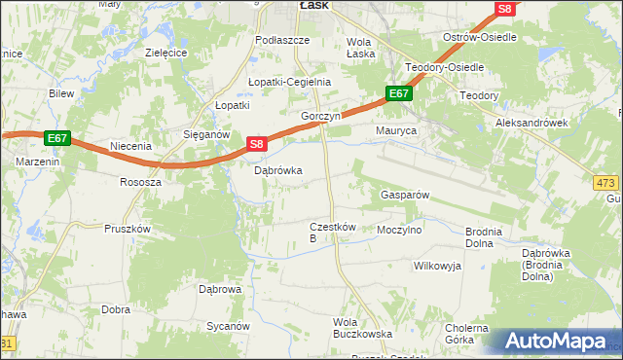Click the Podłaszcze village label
[x=281, y=40]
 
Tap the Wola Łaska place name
[x=360, y=48]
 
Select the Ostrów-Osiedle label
[x=479, y=36]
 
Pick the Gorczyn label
[x=319, y=115]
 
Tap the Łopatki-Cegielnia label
[x=289, y=82]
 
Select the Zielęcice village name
[x=165, y=53]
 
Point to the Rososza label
[x=139, y=182]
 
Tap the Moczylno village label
[x=399, y=231]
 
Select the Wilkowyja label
[x=436, y=265]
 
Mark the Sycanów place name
[x=228, y=327]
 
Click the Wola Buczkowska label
[x=362, y=328]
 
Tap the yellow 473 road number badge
[x=605, y=182]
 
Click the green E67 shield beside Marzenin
[x=56, y=138]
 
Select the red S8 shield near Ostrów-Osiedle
[x=503, y=9]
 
